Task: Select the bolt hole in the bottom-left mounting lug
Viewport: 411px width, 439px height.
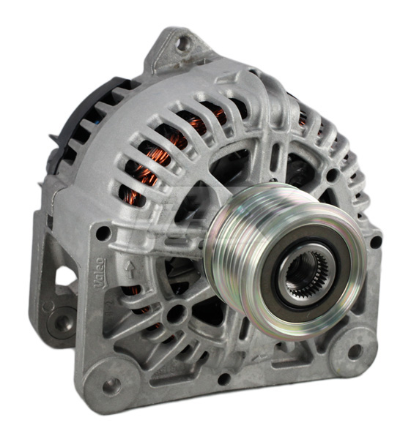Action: pos(112,386)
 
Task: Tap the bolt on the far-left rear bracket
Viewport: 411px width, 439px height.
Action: pos(64,320)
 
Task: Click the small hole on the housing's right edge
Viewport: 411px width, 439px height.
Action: pos(376,241)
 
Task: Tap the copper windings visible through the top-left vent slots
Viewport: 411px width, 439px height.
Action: pos(158,157)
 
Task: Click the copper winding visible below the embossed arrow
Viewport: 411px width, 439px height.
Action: pos(139,300)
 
